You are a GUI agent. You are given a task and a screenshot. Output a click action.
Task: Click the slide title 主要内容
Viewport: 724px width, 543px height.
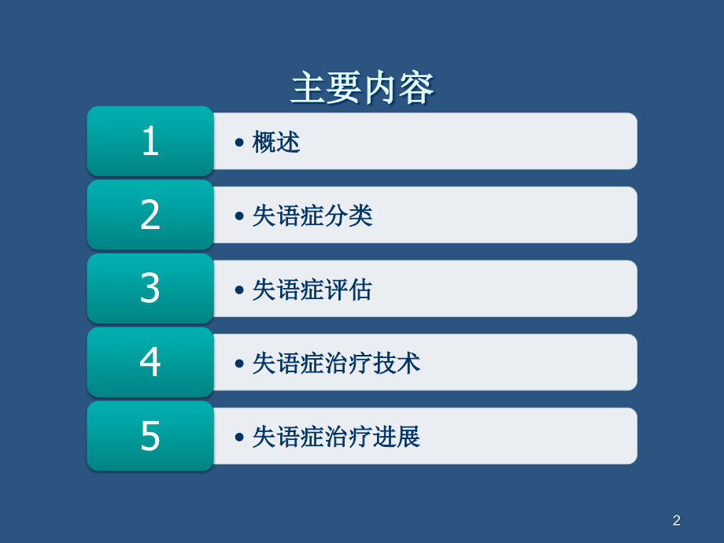point(362,88)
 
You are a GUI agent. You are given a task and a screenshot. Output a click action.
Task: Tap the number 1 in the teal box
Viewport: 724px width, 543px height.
point(150,142)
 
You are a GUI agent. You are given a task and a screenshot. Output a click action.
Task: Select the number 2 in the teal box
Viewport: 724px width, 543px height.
point(150,216)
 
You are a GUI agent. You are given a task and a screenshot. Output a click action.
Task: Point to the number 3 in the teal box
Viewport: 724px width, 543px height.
point(150,289)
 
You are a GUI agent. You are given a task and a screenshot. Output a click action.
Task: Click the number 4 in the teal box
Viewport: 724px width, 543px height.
point(150,363)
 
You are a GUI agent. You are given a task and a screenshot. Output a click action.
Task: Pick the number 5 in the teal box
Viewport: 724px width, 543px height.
point(150,437)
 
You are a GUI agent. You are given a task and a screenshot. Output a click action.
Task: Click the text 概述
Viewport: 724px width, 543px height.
point(276,142)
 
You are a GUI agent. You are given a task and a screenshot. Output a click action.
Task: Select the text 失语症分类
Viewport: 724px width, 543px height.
point(312,216)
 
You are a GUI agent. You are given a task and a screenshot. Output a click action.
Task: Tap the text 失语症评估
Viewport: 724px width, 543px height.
point(312,290)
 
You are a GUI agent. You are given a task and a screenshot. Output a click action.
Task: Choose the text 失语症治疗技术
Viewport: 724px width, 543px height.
point(336,363)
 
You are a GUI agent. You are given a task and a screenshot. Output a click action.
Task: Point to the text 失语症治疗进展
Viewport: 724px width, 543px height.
point(336,437)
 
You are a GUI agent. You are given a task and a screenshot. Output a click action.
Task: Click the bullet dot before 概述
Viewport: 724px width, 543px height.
point(239,143)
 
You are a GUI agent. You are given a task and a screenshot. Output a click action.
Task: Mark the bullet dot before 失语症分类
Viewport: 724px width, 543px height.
point(239,216)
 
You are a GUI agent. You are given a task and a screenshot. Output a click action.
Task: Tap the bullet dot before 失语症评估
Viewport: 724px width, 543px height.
point(239,290)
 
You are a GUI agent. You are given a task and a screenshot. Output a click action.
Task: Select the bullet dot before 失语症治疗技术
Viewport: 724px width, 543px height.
point(239,364)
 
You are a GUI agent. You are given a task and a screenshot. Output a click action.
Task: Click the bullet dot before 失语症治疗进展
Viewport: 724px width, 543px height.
point(239,438)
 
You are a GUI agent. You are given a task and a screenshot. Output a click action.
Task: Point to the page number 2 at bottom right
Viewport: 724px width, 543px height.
point(677,520)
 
